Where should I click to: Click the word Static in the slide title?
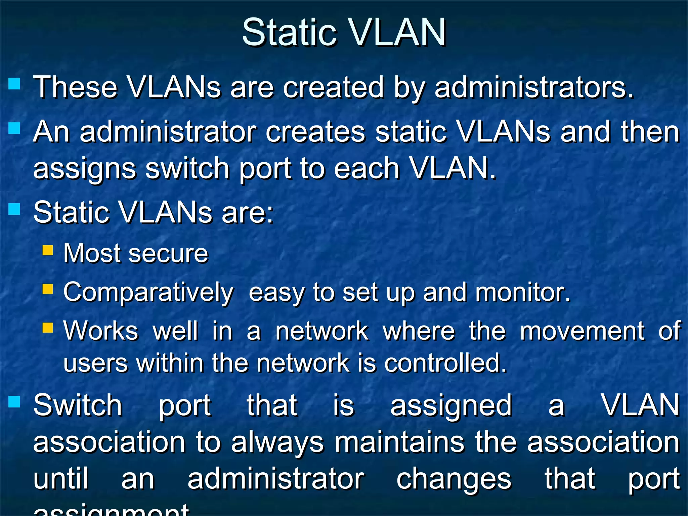289,33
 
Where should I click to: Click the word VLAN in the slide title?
396,33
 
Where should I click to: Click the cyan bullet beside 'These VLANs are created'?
14,84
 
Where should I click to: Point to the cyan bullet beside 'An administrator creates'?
14,128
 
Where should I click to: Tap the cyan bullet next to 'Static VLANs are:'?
14,209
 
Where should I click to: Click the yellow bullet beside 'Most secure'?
48,250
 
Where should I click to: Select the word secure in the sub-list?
168,254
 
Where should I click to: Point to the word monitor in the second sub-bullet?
522,292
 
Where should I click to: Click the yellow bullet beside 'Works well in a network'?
48,328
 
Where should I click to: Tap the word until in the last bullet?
61,479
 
